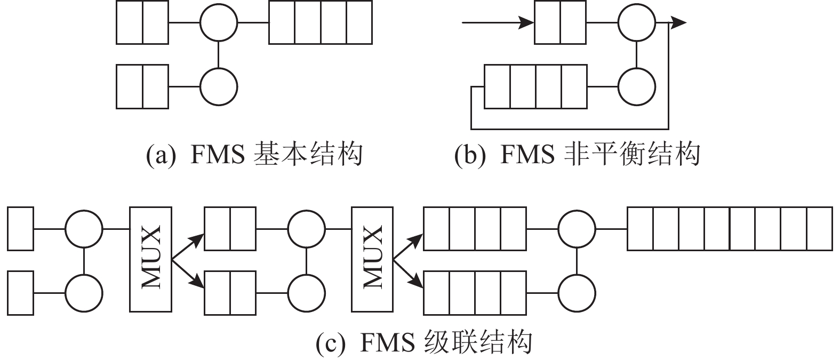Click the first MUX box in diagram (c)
(150, 259)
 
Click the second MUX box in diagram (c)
(372, 259)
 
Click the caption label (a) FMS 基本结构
(254, 155)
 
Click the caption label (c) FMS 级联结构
(424, 342)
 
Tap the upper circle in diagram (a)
(219, 23)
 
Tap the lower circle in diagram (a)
(219, 86)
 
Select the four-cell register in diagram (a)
(321, 23)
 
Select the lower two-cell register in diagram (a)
(142, 86)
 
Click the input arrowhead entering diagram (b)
(527, 23)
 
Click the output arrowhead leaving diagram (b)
(678, 23)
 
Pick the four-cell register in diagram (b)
(535, 86)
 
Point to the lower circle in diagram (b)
(636, 86)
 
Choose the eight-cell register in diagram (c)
(729, 229)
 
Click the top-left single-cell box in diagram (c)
(21, 229)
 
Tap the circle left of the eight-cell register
(577, 229)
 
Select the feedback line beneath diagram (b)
(569, 129)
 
